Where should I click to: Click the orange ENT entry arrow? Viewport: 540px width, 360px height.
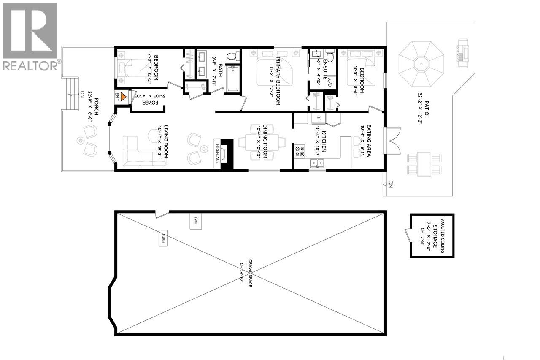123,96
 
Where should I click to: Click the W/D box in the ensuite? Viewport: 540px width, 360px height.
332,82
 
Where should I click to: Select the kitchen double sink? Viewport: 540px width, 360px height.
317,163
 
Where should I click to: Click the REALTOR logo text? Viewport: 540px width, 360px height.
30,66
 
